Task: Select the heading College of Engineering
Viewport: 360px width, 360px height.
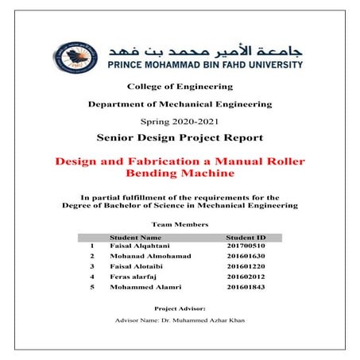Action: [x=180, y=86]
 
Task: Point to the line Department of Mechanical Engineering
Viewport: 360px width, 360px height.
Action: [x=180, y=104]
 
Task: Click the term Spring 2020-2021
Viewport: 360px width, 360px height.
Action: [x=180, y=122]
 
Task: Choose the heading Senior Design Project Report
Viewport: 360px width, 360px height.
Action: [x=180, y=137]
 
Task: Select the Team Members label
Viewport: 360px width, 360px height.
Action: [x=180, y=225]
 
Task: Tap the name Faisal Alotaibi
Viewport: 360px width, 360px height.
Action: [x=136, y=267]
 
